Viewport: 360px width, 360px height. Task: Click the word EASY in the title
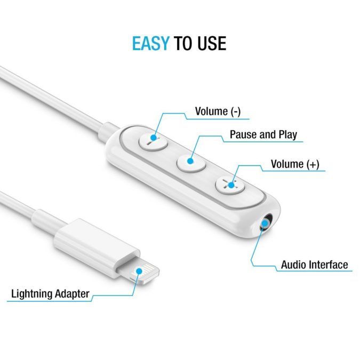(150, 43)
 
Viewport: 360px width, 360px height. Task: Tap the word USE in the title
(212, 43)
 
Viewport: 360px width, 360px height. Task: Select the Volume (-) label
(218, 111)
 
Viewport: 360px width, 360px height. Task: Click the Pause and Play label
(263, 134)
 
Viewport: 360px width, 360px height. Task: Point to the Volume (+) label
(295, 164)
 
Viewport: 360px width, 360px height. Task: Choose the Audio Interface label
(314, 265)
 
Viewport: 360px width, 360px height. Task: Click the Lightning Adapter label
(50, 294)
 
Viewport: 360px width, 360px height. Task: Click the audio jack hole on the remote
(266, 222)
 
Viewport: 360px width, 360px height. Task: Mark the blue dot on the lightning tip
(139, 271)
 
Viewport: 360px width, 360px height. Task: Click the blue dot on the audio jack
(265, 223)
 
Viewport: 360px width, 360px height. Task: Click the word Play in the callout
(287, 135)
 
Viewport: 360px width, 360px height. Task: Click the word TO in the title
(183, 43)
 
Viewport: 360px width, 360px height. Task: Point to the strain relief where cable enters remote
(107, 133)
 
